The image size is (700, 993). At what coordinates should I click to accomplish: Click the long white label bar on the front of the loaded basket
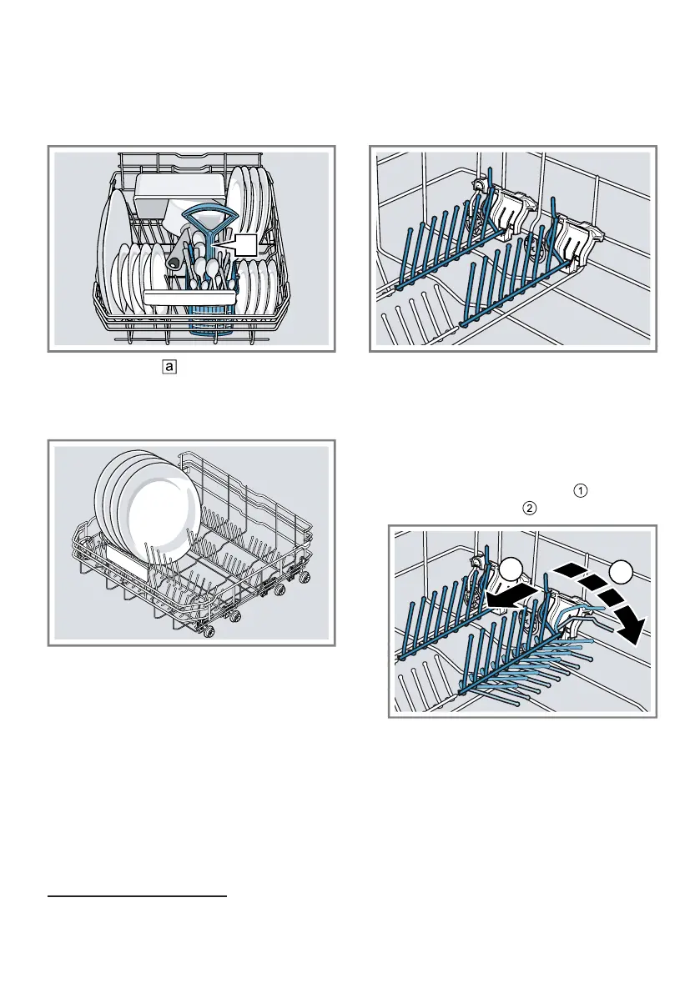tap(191, 296)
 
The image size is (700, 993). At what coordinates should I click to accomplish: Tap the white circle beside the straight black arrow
tap(512, 574)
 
